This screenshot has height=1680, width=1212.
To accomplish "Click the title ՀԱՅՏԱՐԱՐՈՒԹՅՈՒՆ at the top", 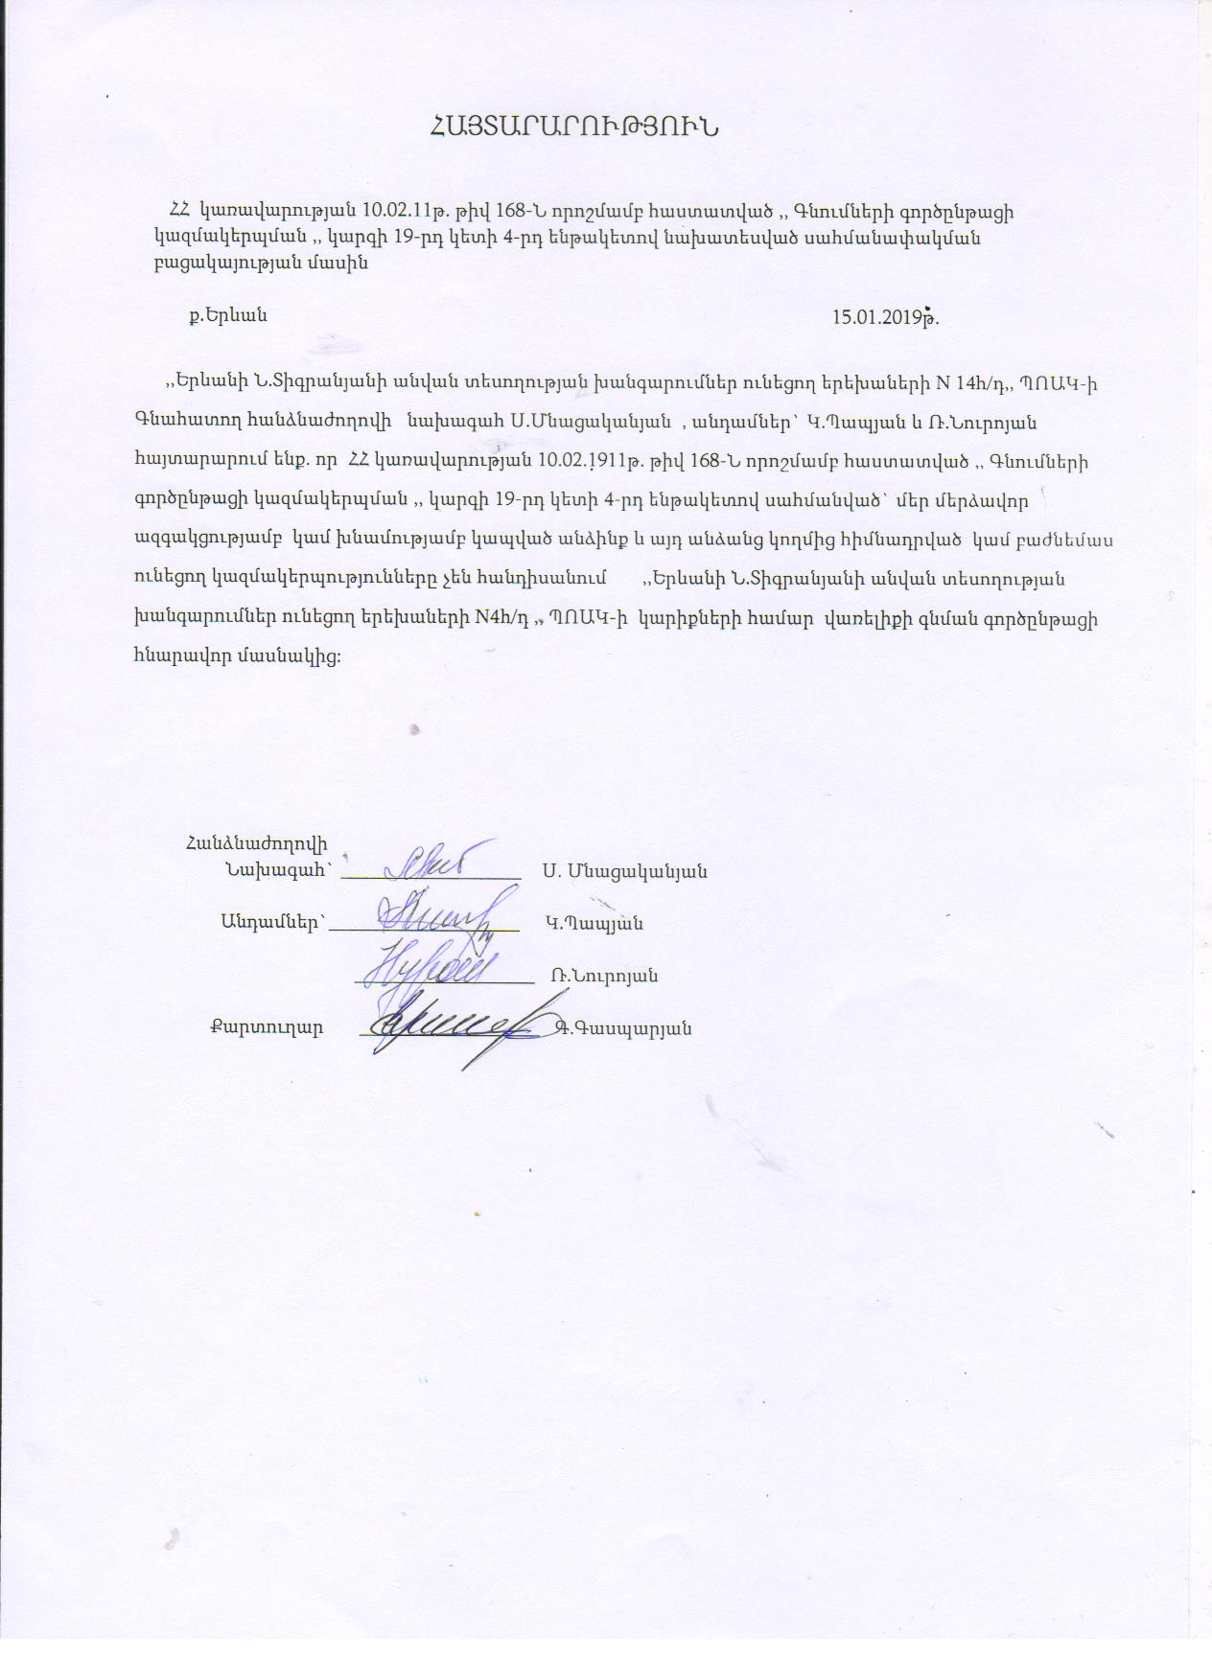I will (575, 126).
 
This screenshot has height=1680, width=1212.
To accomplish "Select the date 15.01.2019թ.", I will (884, 317).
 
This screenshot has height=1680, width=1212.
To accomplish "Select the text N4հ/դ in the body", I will (501, 618).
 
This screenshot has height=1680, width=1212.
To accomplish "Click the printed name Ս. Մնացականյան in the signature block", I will (624, 871).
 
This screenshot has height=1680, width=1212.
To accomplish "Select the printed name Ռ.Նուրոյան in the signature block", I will (604, 976).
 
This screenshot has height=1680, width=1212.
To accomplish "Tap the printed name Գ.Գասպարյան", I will (624, 1028).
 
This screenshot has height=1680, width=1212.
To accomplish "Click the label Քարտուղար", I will (267, 1027).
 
